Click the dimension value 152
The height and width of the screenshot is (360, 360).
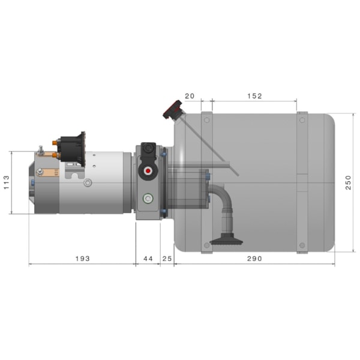[254, 96]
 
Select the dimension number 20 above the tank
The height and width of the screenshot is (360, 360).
[190, 96]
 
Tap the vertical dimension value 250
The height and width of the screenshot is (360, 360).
[349, 182]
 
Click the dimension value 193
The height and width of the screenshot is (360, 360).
[82, 259]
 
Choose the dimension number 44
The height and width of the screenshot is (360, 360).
[147, 259]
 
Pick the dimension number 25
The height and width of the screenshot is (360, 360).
[167, 259]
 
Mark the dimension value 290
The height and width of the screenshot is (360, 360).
[254, 259]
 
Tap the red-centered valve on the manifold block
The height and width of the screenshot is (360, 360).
[146, 170]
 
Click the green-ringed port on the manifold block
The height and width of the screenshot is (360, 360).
[146, 197]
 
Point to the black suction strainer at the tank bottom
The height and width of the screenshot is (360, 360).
[226, 242]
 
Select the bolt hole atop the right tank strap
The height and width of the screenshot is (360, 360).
[302, 119]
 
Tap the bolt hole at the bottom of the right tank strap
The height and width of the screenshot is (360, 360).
[302, 245]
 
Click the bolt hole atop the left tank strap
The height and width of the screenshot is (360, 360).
[207, 119]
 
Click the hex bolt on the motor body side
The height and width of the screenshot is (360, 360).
[88, 182]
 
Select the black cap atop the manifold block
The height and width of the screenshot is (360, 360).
[148, 148]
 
